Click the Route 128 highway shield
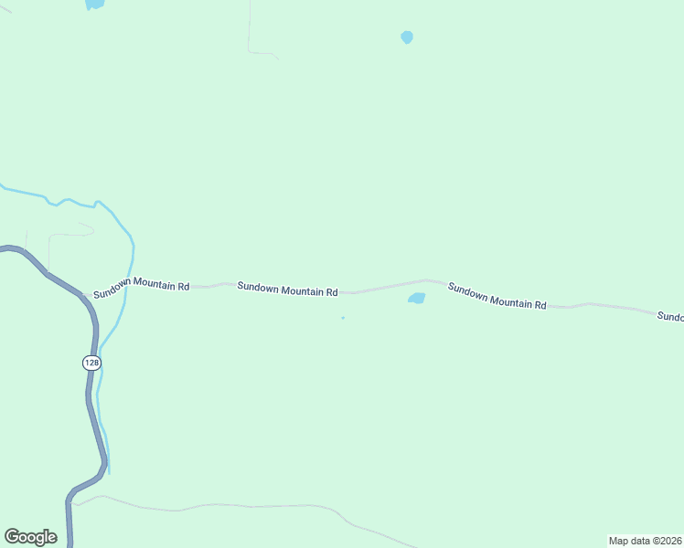point(91,363)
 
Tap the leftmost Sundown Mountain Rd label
point(141,284)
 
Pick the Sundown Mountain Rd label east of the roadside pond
point(497,295)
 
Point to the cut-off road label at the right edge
point(670,316)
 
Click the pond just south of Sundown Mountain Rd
point(416,298)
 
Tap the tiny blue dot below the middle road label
point(343,318)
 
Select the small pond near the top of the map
point(407,37)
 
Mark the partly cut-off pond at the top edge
point(94,4)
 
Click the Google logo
point(30,537)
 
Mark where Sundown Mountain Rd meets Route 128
point(82,294)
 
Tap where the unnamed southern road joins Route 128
point(71,501)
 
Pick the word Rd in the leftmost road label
point(183,287)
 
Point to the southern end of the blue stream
point(109,472)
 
